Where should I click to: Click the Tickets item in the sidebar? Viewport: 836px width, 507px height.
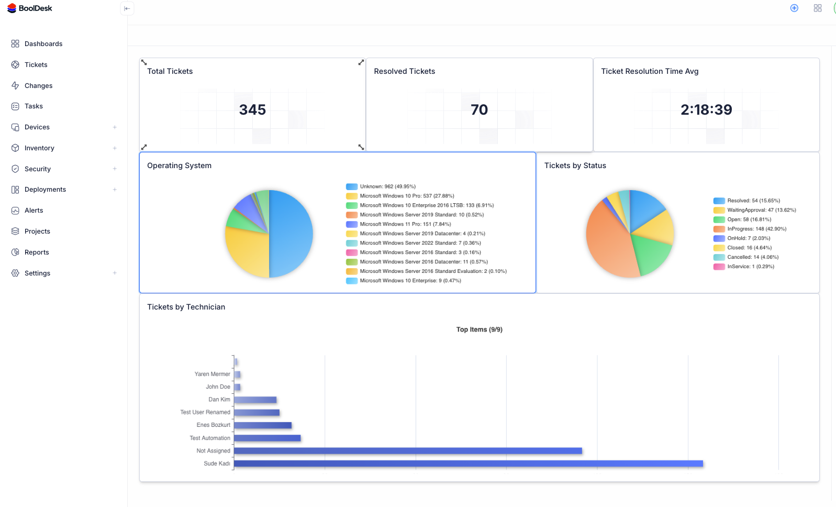click(x=36, y=65)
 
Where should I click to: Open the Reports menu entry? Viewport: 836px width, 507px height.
click(x=37, y=252)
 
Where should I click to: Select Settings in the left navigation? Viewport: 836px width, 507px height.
click(x=37, y=273)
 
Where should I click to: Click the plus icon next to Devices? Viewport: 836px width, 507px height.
click(x=115, y=127)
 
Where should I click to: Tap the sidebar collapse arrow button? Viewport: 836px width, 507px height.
click(x=127, y=8)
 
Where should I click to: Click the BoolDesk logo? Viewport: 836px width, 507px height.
click(x=30, y=8)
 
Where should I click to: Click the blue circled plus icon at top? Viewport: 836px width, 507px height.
click(x=794, y=8)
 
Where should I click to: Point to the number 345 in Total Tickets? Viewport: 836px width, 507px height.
click(x=252, y=109)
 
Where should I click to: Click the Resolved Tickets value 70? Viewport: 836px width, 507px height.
click(x=479, y=109)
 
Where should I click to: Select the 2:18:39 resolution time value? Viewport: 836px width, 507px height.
click(x=706, y=109)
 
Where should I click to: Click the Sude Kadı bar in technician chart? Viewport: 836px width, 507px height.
click(x=468, y=464)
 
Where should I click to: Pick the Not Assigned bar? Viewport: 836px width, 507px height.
click(x=408, y=451)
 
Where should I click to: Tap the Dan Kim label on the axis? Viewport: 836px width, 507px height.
click(x=219, y=400)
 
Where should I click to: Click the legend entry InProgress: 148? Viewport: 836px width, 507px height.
click(x=756, y=229)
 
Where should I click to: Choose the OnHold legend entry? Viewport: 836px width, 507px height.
click(x=749, y=238)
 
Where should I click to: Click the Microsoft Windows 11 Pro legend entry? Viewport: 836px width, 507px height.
click(x=405, y=224)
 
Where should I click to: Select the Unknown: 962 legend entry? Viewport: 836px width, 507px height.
click(x=387, y=186)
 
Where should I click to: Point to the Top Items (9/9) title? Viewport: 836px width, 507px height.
click(x=479, y=329)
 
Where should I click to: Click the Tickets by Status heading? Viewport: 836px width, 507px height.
click(x=575, y=166)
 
